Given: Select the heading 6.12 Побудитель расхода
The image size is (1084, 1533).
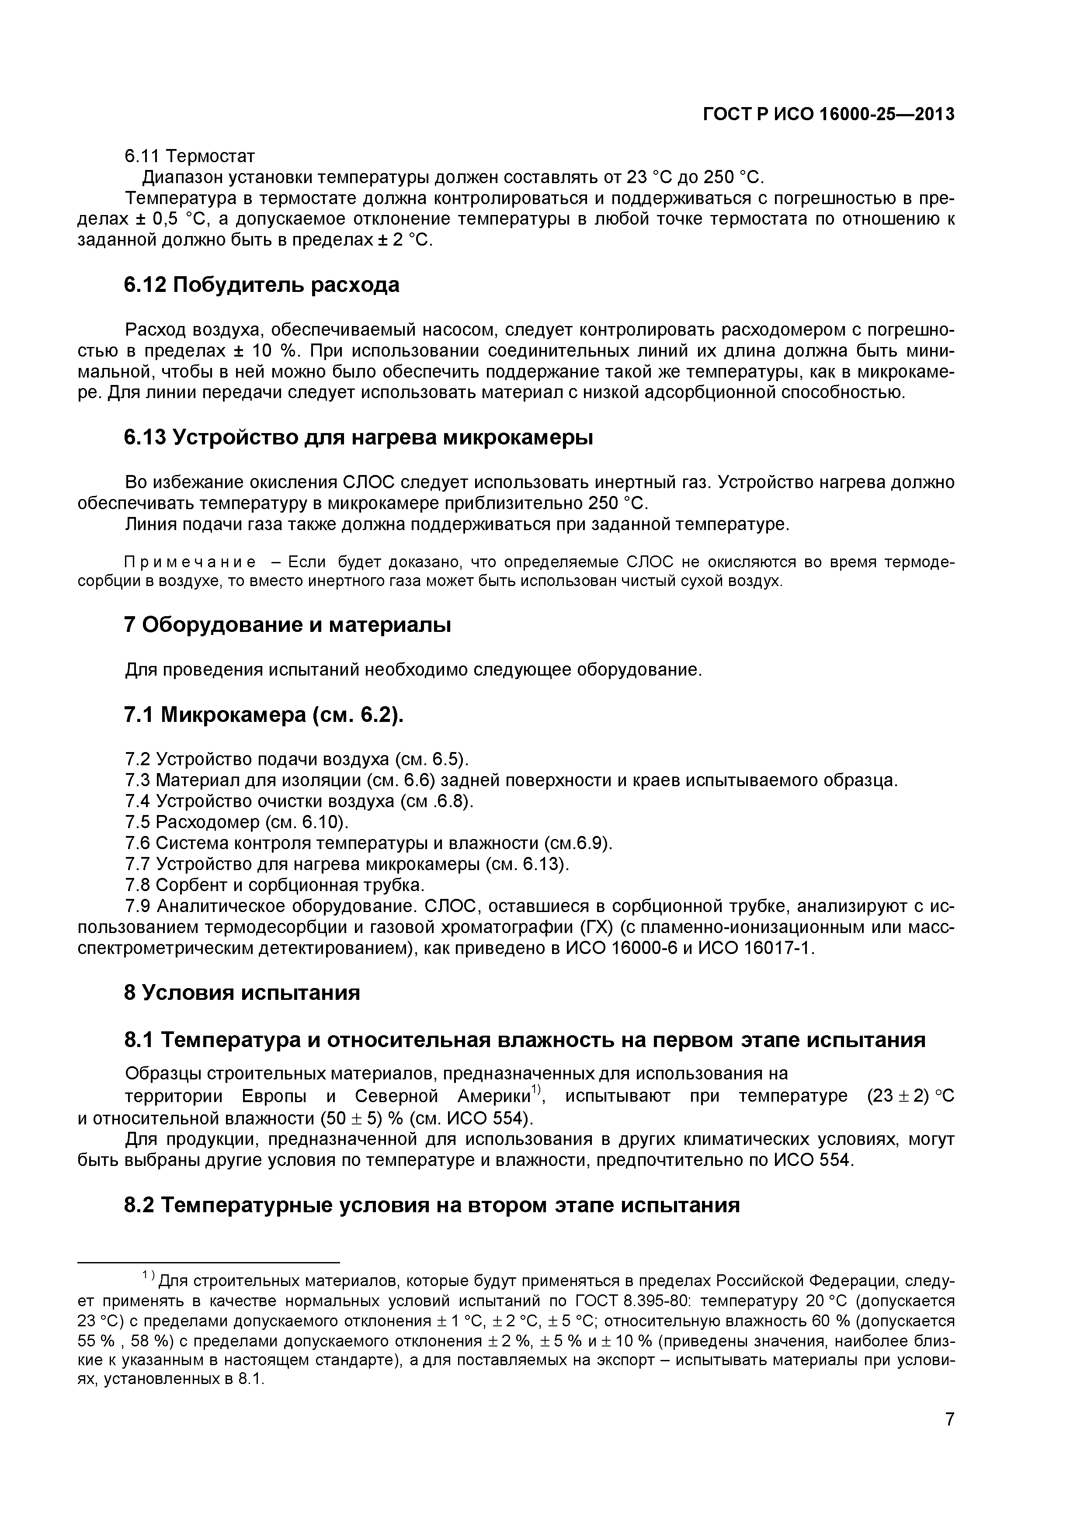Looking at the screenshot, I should coord(262,285).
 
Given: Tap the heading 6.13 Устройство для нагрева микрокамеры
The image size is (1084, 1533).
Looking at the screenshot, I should coord(359,437).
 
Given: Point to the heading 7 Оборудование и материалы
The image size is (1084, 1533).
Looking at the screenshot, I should coord(288,625).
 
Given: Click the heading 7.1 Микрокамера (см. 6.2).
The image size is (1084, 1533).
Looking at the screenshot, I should coord(264,715).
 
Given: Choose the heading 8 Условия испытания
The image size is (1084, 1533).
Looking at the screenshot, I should coord(242,992).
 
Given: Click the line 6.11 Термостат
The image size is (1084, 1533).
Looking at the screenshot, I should coord(190,156).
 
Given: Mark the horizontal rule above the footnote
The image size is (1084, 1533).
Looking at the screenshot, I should coord(209,1262).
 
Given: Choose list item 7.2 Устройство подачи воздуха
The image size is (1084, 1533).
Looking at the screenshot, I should coord(297,759).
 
